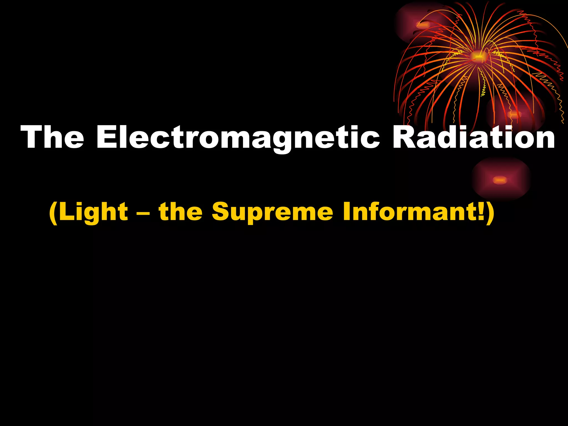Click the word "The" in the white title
[52, 137]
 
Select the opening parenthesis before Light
[53, 213]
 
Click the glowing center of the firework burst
[478, 57]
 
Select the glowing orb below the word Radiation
[500, 180]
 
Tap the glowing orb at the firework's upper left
[423, 25]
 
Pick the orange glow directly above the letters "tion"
[514, 114]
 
